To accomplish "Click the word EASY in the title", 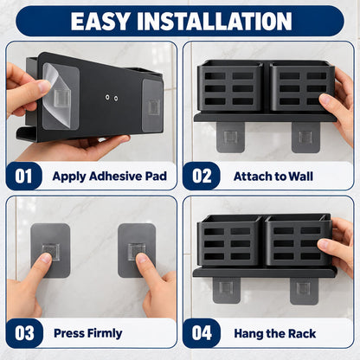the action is click(100, 22).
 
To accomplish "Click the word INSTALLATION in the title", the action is click(215, 22).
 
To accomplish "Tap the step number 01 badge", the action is click(23, 176).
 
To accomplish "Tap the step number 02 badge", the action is click(202, 176).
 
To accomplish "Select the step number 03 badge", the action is click(24, 333).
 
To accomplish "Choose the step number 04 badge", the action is click(202, 333).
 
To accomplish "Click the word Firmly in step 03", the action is click(105, 333).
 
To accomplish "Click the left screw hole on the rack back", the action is click(107, 98).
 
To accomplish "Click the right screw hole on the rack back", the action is click(116, 99).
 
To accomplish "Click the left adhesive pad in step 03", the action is click(50, 250).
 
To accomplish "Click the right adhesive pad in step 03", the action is click(137, 250).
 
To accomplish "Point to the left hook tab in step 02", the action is click(230, 137).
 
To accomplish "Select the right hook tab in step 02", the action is click(305, 138).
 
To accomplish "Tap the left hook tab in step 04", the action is click(227, 290).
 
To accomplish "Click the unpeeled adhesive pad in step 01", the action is click(152, 106).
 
